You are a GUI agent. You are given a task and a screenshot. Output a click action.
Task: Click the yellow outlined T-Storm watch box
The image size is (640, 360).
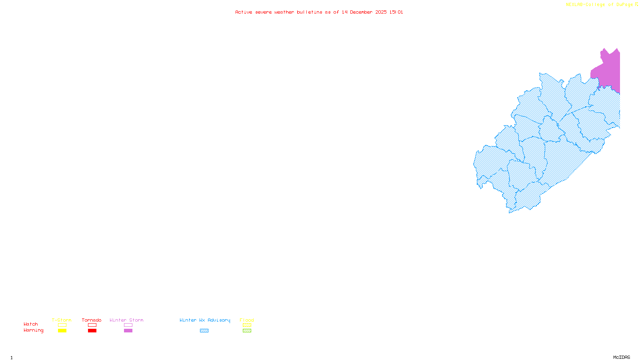(62, 325)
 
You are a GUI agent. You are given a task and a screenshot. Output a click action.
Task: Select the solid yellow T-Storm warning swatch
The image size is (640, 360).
(62, 331)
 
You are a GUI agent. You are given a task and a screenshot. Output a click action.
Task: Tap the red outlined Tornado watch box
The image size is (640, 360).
(92, 325)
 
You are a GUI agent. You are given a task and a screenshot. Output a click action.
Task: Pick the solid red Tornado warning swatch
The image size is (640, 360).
(92, 331)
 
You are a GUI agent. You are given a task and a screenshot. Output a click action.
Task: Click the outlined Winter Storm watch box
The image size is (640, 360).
(128, 325)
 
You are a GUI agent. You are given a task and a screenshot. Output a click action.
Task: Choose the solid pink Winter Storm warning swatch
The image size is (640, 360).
(128, 331)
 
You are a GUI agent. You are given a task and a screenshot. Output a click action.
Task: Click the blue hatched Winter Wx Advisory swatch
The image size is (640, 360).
(204, 331)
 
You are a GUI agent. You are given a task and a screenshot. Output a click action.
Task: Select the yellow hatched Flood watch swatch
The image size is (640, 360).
(247, 325)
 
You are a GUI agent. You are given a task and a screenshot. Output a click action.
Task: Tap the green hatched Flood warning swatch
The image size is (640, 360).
(247, 331)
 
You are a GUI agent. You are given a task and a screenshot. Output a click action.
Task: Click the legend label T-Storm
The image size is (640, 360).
(62, 320)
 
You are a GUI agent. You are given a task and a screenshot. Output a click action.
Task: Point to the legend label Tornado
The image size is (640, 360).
(92, 320)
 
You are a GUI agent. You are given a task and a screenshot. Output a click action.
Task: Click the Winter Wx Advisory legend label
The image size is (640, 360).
(205, 320)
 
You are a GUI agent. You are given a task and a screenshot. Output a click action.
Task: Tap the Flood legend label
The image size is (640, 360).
(247, 320)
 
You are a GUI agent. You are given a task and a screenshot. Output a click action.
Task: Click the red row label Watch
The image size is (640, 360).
(31, 324)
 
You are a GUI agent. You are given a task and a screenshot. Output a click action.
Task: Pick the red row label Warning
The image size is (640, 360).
(34, 330)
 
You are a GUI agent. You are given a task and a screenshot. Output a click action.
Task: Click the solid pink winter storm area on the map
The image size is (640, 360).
(609, 70)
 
